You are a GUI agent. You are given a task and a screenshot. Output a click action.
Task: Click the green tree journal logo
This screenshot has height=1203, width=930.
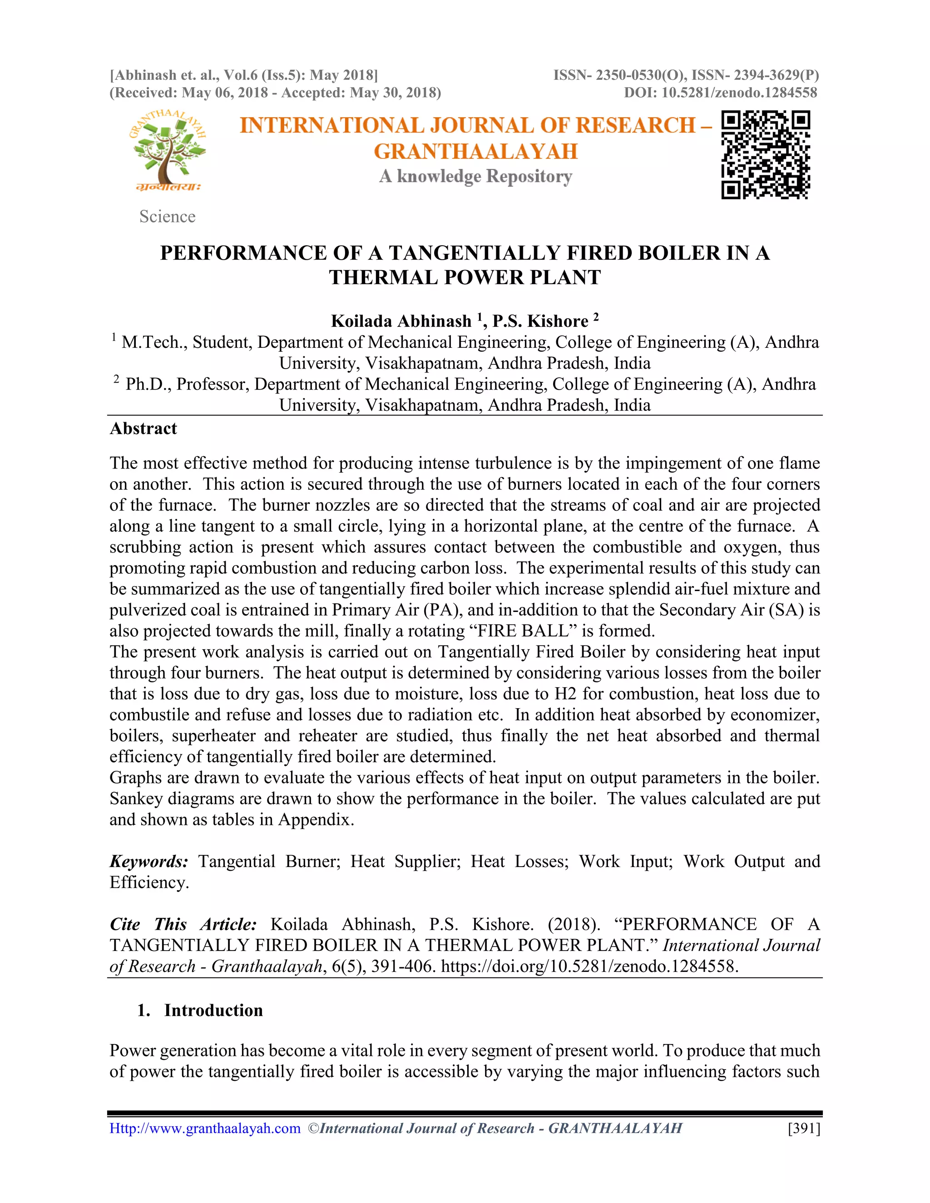[x=168, y=150]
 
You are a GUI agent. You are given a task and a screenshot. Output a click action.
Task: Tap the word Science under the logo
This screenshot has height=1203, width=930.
[x=167, y=217]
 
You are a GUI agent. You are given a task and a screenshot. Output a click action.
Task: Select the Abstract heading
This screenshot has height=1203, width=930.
[x=143, y=429]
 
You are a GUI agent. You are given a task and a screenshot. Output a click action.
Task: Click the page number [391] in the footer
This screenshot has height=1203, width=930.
[x=804, y=1128]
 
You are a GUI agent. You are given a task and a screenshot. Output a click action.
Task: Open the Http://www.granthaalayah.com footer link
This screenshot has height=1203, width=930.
[x=205, y=1128]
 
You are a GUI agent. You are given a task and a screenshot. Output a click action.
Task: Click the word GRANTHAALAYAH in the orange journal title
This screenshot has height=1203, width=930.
[x=475, y=152]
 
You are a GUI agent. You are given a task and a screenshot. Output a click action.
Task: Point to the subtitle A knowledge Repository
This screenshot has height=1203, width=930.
[x=475, y=176]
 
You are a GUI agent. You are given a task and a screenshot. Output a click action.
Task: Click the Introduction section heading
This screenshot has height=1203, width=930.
[x=213, y=1010]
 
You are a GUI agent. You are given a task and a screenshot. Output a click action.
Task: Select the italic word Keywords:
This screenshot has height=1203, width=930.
[x=149, y=862]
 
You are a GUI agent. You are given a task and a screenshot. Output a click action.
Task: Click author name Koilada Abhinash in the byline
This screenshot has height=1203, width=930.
[x=401, y=321]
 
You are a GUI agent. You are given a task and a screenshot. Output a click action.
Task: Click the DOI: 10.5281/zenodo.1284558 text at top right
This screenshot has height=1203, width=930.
[x=720, y=93]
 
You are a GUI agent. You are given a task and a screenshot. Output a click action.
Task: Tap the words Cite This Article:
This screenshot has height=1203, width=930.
[x=183, y=924]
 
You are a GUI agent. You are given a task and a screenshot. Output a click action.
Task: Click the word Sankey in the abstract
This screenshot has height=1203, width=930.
[x=136, y=799]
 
